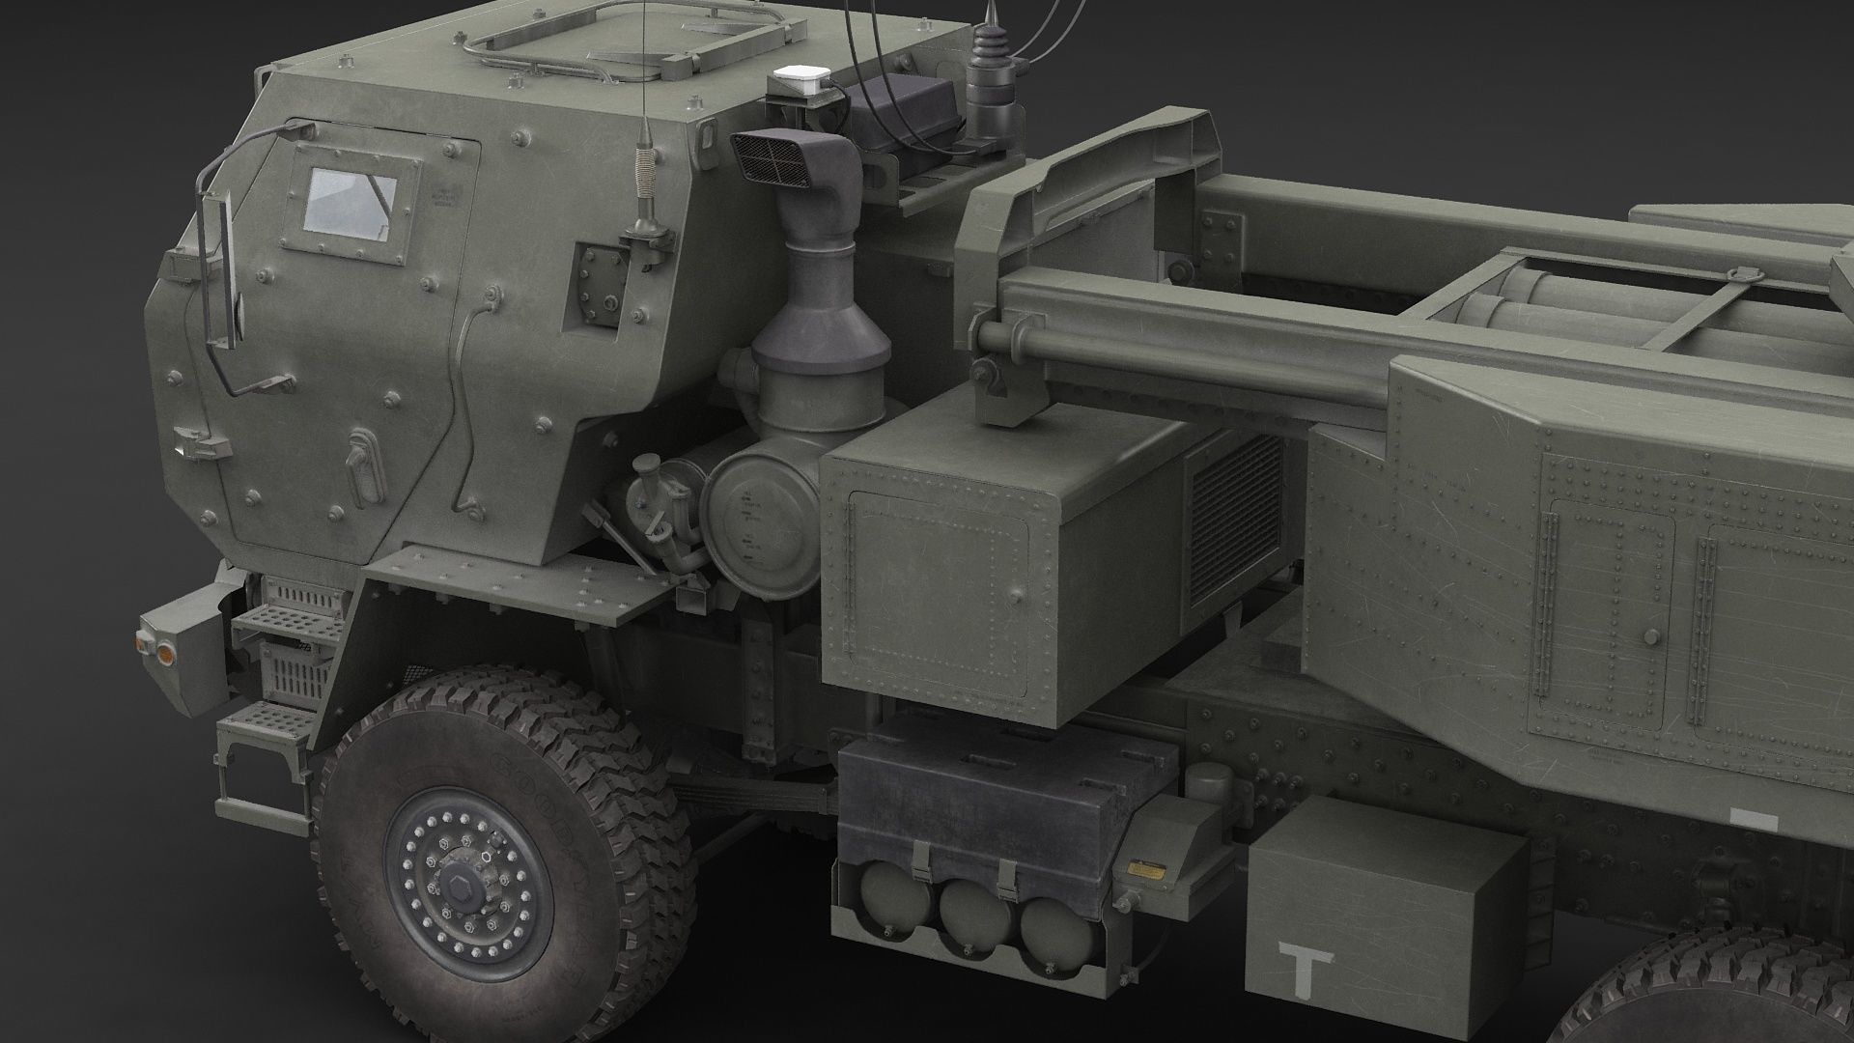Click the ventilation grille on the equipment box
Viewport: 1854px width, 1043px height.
click(1236, 523)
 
